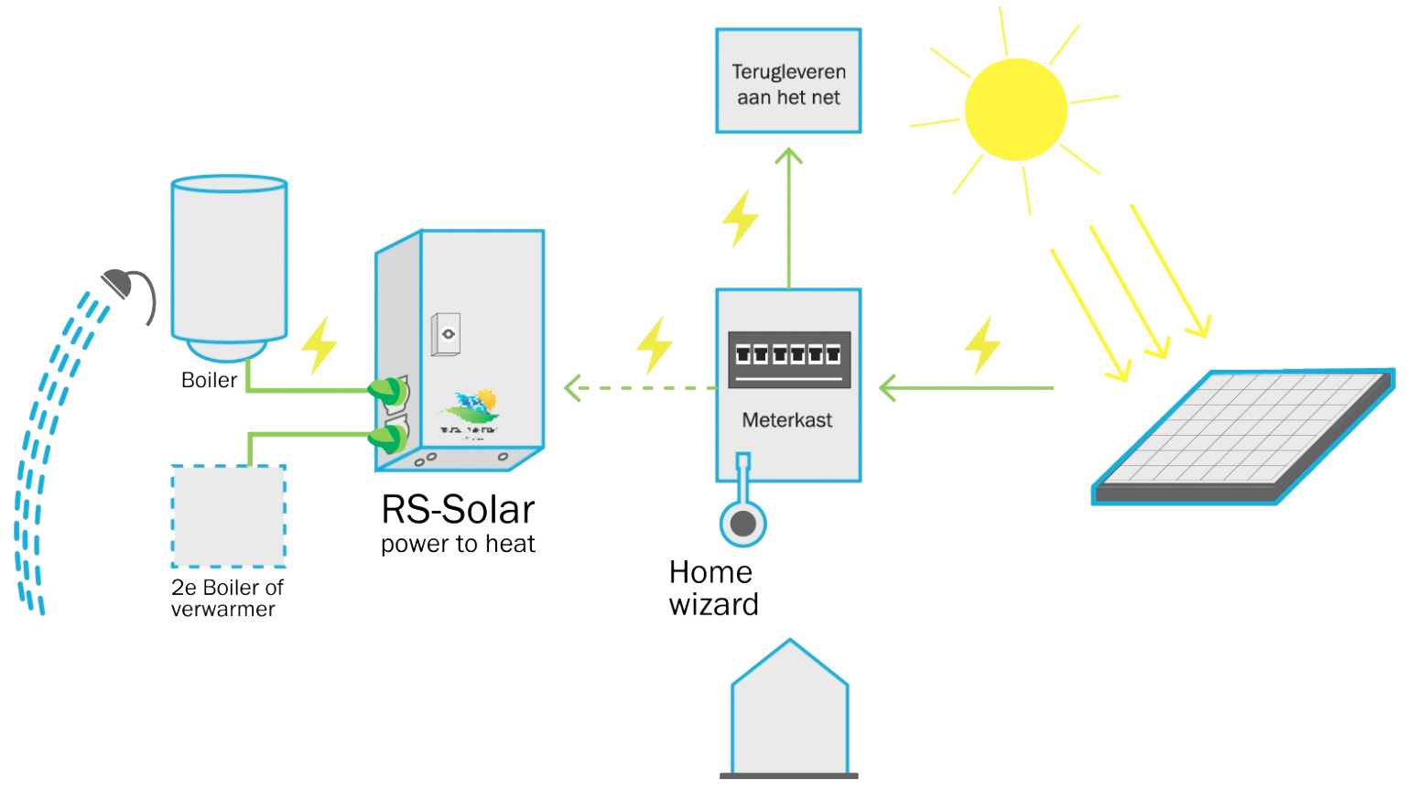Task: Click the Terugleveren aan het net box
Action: tap(788, 81)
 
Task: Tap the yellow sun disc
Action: tap(1015, 110)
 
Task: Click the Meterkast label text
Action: tap(786, 420)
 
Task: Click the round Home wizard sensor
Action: tap(743, 524)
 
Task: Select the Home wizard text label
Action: tap(713, 589)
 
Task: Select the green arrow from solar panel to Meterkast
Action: tap(966, 388)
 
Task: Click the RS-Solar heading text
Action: tap(458, 510)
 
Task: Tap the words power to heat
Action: tap(458, 544)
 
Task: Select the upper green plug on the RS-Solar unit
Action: tap(388, 392)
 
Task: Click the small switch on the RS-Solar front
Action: tap(447, 334)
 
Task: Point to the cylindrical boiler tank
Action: tap(229, 261)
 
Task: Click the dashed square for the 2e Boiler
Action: tap(229, 516)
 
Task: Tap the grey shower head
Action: tap(119, 284)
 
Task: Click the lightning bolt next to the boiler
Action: tap(320, 345)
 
